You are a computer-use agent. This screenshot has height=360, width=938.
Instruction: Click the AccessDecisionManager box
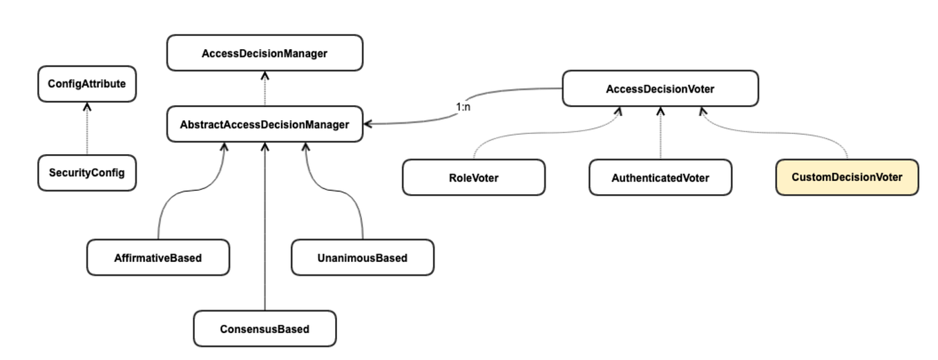coord(265,53)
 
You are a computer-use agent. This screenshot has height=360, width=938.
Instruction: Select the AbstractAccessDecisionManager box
coord(265,125)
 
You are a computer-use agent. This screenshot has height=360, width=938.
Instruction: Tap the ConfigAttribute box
coord(86,84)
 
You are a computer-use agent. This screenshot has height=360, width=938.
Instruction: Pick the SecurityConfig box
coord(86,173)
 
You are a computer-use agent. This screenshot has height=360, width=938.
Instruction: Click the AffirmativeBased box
coord(157,258)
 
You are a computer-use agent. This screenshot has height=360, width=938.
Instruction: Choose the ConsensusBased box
coord(265,329)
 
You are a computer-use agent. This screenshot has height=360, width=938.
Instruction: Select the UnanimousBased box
coord(362,258)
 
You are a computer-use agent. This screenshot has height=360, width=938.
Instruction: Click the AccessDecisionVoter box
coord(660,88)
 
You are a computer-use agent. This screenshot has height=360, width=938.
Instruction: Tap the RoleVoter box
coord(473,178)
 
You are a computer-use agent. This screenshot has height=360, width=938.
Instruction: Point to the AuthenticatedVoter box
coord(660,178)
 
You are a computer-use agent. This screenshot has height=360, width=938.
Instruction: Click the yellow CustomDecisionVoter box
coord(847,178)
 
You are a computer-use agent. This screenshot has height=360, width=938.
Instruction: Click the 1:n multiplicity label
coord(463,107)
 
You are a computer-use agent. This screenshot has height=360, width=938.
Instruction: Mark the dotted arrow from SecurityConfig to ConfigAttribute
coord(86,131)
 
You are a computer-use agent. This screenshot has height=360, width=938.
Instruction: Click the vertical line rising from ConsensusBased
coord(265,228)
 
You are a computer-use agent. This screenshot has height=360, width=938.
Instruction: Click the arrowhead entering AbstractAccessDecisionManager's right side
coord(367,124)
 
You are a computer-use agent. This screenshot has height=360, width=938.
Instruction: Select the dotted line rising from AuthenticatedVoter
coord(660,135)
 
